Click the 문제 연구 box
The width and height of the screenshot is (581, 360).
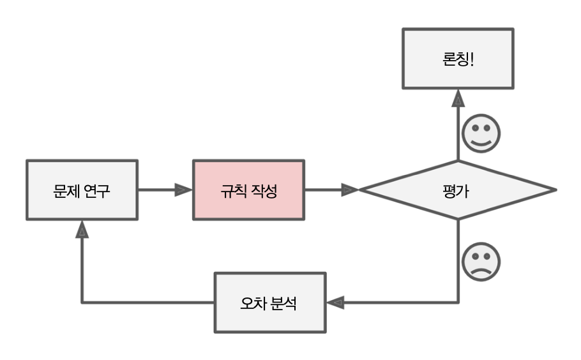[82, 190]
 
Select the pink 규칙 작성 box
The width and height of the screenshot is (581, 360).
[249, 190]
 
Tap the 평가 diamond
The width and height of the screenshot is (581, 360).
[458, 190]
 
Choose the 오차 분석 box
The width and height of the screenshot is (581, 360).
[269, 302]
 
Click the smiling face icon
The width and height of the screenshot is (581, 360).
[481, 134]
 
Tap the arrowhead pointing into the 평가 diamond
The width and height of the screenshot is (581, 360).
[350, 190]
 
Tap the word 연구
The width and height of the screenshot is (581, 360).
[97, 190]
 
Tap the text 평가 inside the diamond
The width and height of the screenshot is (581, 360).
[458, 190]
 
